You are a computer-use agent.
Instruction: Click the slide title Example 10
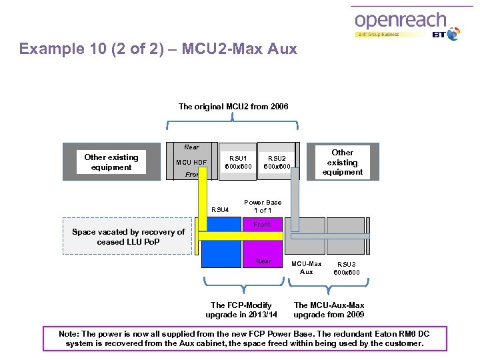[158, 49]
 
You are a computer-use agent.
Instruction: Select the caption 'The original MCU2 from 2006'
[233, 107]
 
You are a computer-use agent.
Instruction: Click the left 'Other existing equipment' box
[111, 162]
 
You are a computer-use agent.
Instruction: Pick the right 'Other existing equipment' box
[343, 162]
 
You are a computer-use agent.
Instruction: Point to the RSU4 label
[220, 210]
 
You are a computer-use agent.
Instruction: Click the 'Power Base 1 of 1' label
[263, 206]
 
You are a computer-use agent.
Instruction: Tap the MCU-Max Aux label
[307, 267]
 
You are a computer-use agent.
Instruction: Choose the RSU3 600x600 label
[347, 268]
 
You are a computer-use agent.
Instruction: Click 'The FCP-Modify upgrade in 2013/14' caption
[241, 309]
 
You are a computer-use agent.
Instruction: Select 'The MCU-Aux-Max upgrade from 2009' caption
[329, 309]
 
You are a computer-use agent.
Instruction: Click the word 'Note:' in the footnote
[70, 333]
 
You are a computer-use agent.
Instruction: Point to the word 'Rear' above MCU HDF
[191, 147]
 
